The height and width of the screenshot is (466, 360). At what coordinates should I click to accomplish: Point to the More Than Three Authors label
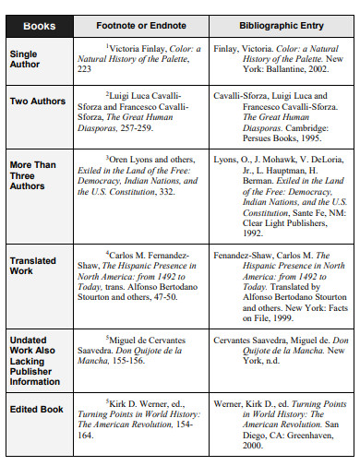click(32, 176)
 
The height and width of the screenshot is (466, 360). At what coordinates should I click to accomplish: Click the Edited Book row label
click(37, 408)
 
